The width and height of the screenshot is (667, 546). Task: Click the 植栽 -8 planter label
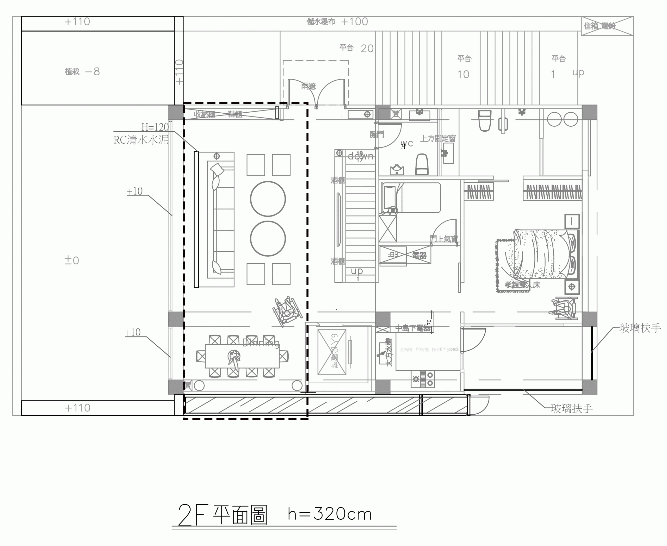[x=82, y=72]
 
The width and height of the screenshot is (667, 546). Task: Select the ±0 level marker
[x=72, y=260]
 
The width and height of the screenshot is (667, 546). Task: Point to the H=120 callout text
[x=155, y=127]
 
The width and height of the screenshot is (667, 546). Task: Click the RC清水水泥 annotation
[x=141, y=140]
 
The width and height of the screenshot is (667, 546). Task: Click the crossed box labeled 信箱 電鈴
[x=607, y=26]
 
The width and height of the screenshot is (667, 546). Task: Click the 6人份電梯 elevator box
[x=332, y=352]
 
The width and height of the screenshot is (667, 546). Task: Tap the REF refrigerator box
[x=393, y=255]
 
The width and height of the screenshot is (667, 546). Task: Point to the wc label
[x=407, y=143]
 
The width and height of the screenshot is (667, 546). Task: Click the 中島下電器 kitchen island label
[x=413, y=328]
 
